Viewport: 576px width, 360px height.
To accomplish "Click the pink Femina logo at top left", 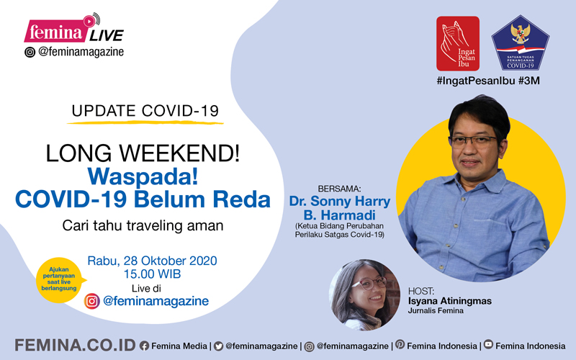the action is (x=55, y=31).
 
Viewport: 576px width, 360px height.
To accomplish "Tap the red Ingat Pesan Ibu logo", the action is (x=458, y=43).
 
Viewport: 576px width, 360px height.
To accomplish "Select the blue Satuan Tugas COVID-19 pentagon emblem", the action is (x=520, y=42).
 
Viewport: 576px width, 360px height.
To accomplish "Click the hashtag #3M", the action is (x=529, y=81).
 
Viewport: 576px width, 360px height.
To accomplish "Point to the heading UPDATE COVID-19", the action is (x=145, y=111).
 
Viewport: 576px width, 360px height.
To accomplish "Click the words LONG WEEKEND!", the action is (x=143, y=153).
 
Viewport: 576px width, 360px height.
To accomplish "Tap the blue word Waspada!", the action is (x=143, y=176).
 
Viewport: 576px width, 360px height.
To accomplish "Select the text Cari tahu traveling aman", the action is (x=143, y=225).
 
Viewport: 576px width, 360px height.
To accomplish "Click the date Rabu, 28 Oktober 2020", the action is (x=152, y=261).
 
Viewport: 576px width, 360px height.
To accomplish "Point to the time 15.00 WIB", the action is (x=152, y=274).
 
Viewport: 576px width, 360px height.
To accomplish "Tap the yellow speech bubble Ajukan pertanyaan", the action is (x=60, y=280).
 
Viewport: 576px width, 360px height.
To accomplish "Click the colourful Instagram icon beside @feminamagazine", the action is (x=92, y=301).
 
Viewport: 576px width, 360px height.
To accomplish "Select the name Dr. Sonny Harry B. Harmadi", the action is (x=339, y=208).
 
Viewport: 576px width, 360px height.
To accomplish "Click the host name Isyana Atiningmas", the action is (x=449, y=301).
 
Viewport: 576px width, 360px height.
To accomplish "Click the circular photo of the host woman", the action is (x=364, y=295).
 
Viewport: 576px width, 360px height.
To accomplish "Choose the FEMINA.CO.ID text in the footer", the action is (x=76, y=346).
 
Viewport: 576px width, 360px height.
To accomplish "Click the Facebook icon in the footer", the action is (x=145, y=346).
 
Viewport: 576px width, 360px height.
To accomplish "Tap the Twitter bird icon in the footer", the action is (x=219, y=346).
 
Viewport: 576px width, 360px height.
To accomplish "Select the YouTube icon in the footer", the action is (x=488, y=344).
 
